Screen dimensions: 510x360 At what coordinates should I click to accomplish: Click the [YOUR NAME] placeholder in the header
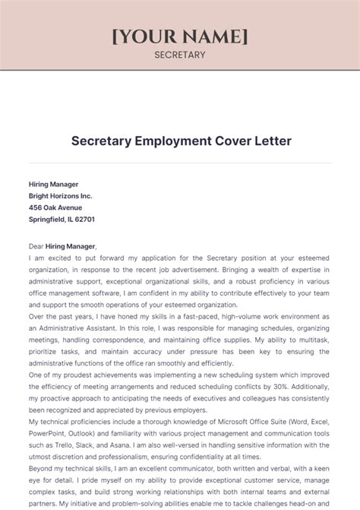180,36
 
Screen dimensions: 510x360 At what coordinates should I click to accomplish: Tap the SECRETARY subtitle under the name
180,55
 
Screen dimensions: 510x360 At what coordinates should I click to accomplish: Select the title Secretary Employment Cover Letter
180,141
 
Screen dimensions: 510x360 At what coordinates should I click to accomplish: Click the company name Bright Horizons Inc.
61,195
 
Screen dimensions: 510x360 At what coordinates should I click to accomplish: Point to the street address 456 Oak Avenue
55,207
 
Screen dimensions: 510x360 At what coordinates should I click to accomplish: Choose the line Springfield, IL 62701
62,219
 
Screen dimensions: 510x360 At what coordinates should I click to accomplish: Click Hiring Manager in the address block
54,184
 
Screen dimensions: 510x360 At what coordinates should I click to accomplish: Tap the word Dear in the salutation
36,246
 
